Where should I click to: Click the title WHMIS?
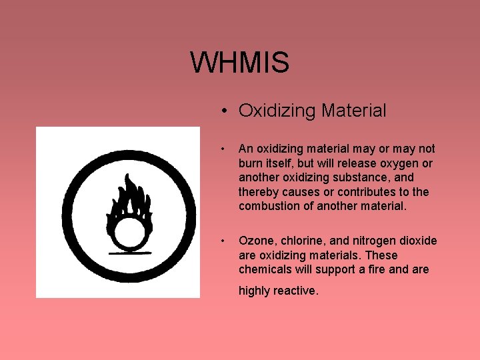(x=239, y=63)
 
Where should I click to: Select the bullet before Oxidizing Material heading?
(x=227, y=111)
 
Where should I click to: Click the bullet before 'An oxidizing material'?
(x=228, y=149)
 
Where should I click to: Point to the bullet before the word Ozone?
(x=228, y=241)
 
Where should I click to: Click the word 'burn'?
(x=251, y=163)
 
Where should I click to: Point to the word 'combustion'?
(x=269, y=207)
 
